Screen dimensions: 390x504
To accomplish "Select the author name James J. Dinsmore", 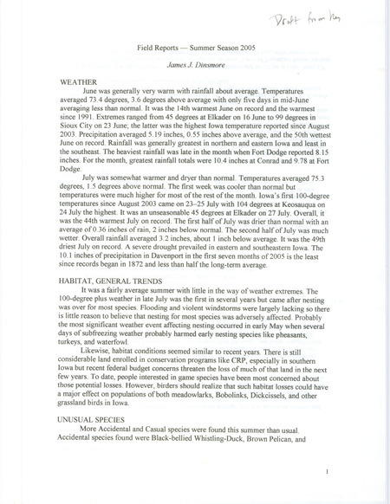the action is coord(194,68).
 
